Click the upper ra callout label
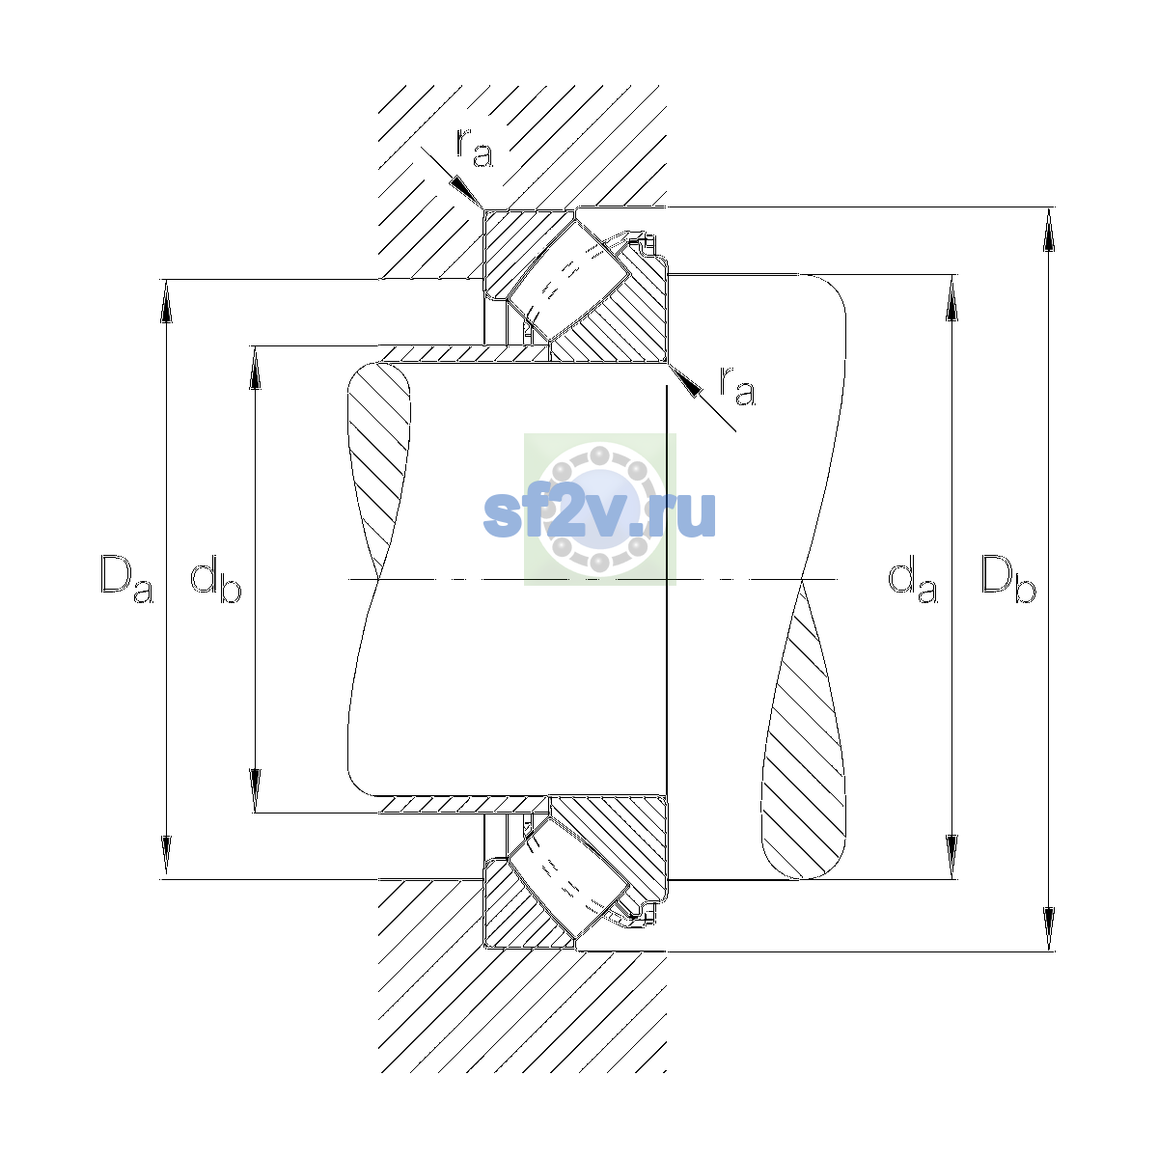[475, 148]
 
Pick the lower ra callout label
[737, 385]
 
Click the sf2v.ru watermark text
[599, 513]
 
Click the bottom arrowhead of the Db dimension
[1049, 929]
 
